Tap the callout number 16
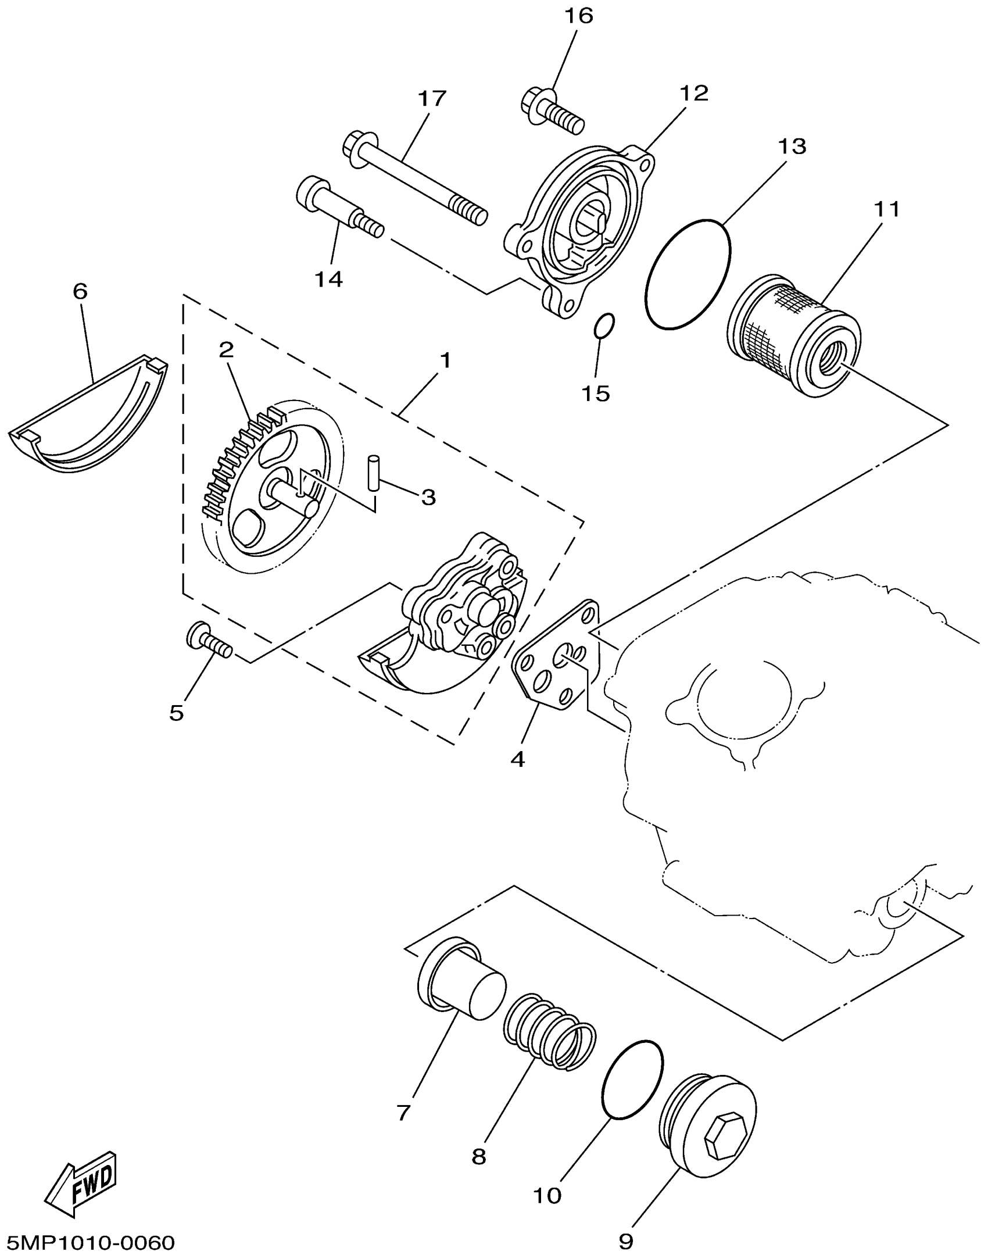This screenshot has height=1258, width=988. (x=578, y=16)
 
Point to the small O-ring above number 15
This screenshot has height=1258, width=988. (x=604, y=326)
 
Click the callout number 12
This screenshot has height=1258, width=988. (x=694, y=93)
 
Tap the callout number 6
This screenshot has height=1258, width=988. (x=80, y=291)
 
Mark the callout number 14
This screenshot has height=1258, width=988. (x=329, y=280)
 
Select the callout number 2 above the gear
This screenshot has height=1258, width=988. (x=226, y=349)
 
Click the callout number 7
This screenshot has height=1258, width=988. (x=404, y=1112)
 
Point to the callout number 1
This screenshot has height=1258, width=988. (x=445, y=361)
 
